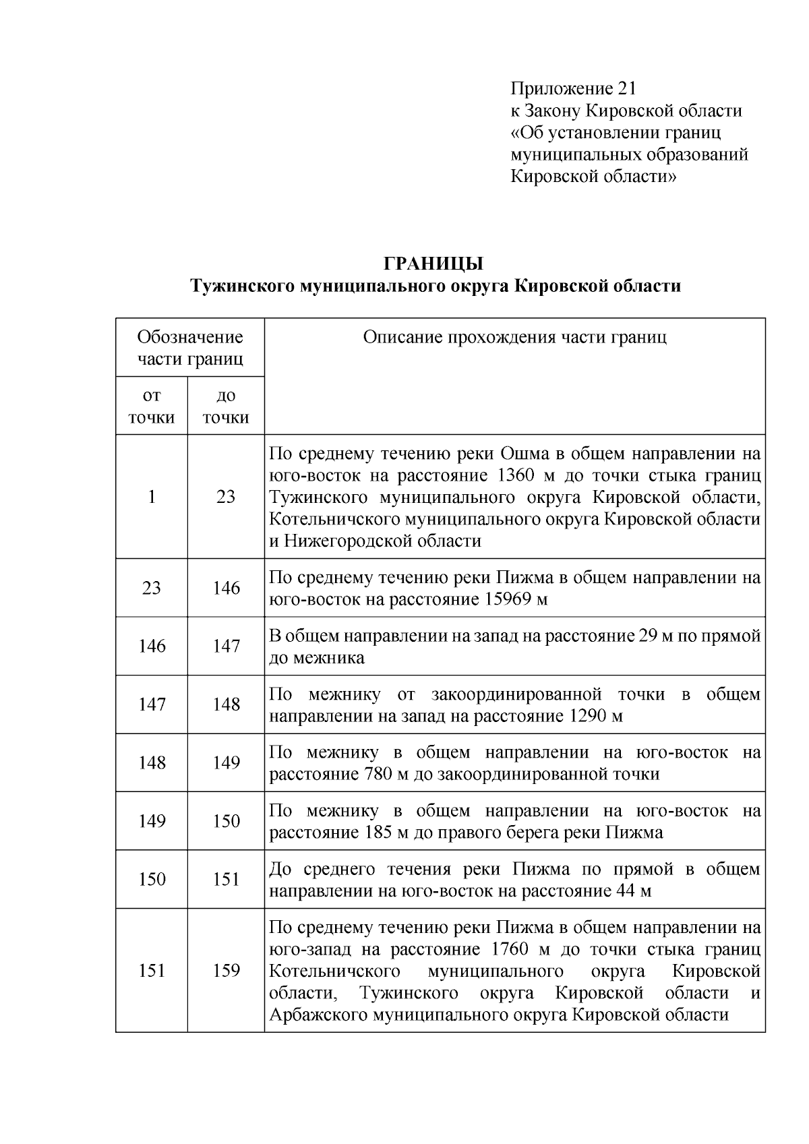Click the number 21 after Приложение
tap(626, 88)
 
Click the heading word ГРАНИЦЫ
tap(434, 264)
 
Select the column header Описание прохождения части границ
tap(514, 337)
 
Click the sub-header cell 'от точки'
tap(152, 407)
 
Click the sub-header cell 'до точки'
tap(226, 407)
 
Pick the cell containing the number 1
tap(152, 497)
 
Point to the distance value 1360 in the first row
tap(517, 475)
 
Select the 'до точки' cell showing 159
tap(226, 970)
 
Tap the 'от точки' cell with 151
tap(152, 970)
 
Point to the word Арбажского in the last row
tap(317, 1015)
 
